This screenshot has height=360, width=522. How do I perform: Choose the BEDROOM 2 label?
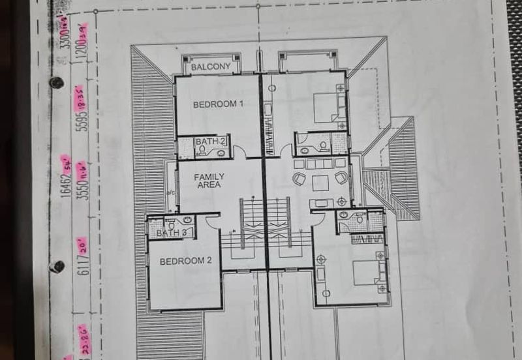pos(186,262)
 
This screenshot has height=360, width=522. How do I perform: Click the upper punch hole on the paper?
pos(56,83)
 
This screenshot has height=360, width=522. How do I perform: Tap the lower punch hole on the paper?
pos(57,267)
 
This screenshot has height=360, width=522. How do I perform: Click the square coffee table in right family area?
pos(320,183)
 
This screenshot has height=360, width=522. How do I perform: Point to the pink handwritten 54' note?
pos(65,160)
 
